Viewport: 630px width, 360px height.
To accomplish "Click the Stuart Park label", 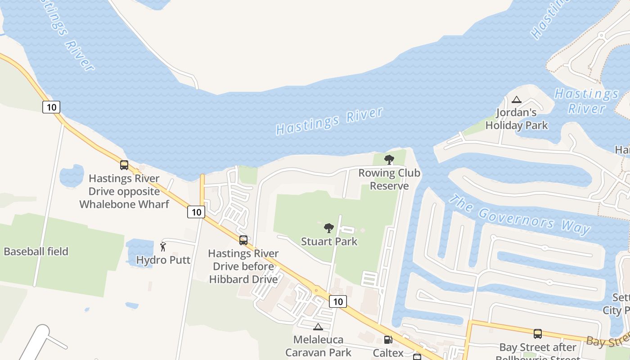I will point(329,242).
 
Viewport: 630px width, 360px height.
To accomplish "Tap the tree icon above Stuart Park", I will point(329,228).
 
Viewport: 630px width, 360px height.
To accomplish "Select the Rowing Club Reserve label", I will point(389,180).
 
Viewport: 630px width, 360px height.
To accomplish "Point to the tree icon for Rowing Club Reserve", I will point(389,159).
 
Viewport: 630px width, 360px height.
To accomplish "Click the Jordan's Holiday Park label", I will point(517,119).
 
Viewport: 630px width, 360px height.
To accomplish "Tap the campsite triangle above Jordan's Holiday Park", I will point(517,99).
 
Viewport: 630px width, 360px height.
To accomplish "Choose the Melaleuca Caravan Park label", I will point(318,346).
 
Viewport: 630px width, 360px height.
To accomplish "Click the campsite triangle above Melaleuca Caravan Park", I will point(318,327).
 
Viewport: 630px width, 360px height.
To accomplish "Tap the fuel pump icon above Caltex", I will point(388,339).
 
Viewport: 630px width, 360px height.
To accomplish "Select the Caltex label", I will point(388,353).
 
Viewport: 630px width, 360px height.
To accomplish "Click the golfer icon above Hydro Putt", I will point(163,247).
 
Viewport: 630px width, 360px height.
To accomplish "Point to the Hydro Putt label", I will point(163,260).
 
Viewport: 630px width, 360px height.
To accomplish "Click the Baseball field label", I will point(36,252).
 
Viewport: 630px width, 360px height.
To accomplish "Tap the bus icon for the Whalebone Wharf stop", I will point(124,165).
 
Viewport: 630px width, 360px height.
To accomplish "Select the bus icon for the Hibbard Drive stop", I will point(243,240).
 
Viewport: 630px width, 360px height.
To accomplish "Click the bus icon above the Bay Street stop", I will point(538,334).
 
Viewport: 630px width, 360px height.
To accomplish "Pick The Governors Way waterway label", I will point(520,215).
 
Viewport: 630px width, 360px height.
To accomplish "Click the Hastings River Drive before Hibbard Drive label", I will point(243,266).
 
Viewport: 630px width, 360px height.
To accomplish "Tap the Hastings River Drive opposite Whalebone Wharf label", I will point(124,191).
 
